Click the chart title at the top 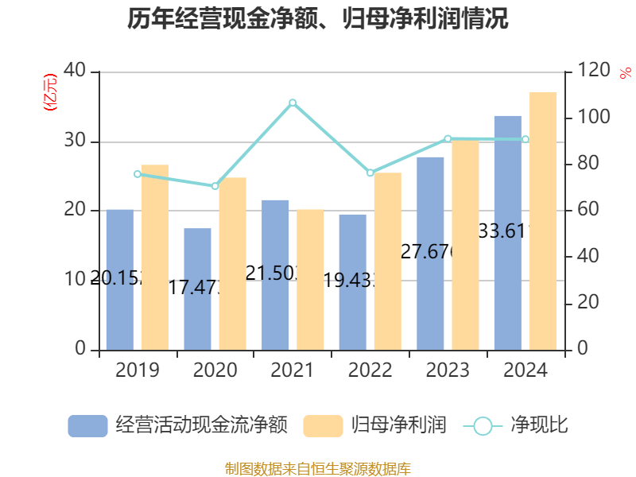318,19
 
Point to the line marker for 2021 293,103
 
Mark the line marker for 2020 215,186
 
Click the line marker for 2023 448,139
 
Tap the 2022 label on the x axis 370,370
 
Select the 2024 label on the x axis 525,370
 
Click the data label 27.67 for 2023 428,253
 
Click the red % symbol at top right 624,74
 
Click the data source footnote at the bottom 318,468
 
